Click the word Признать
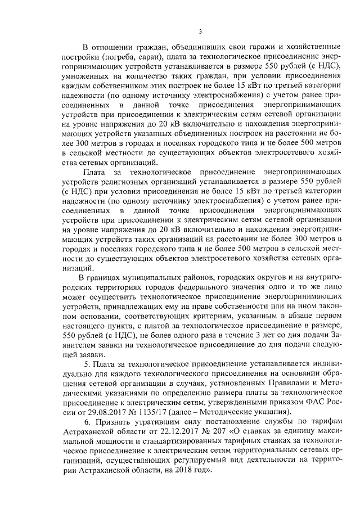pos(112,421)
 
